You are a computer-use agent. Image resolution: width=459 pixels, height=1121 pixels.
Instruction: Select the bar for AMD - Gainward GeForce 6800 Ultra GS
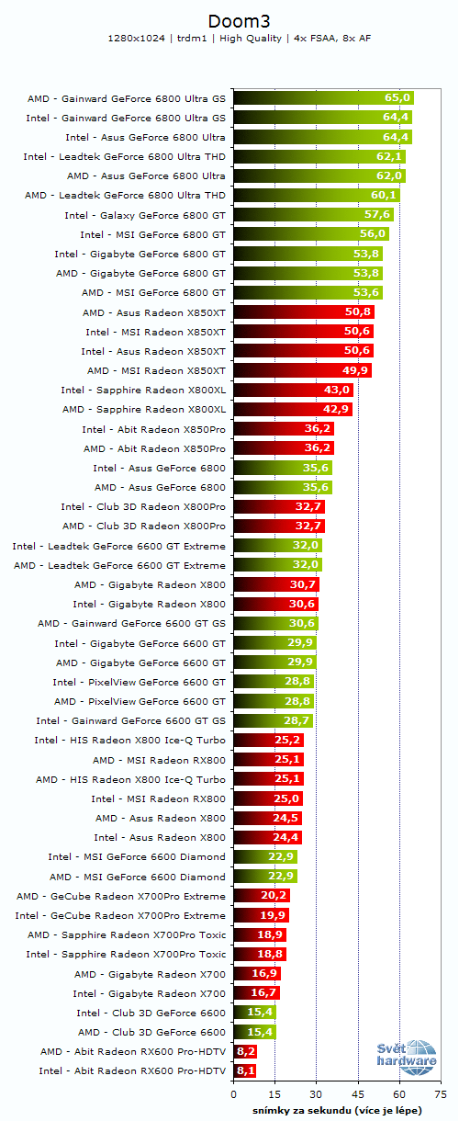click(323, 97)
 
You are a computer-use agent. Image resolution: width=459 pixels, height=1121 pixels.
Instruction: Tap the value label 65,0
click(397, 97)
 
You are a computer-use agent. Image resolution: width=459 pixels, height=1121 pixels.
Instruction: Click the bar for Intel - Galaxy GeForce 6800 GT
click(313, 214)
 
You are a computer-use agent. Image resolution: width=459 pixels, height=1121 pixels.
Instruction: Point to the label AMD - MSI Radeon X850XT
click(156, 370)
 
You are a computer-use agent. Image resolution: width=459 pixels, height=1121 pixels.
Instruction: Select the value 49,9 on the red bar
click(355, 370)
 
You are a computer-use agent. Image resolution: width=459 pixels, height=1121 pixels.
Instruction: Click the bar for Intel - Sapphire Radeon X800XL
click(293, 390)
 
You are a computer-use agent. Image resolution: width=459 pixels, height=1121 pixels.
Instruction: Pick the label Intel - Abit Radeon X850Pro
click(153, 429)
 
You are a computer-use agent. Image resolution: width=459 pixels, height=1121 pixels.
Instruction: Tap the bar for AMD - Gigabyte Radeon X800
click(276, 584)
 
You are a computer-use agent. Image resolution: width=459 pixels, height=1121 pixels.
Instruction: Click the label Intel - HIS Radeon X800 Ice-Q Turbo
click(129, 741)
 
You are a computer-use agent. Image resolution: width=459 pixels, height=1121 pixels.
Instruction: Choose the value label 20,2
click(274, 896)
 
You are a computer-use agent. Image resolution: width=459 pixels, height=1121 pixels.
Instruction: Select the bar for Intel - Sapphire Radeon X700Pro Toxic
click(260, 954)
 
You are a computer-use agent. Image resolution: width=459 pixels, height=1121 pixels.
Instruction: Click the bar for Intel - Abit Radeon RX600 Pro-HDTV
click(245, 1071)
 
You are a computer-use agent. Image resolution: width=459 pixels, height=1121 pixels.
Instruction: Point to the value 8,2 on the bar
click(245, 1051)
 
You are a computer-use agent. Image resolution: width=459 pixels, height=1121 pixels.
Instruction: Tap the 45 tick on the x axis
click(358, 1095)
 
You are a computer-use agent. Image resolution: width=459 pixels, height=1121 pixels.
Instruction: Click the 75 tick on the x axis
click(441, 1095)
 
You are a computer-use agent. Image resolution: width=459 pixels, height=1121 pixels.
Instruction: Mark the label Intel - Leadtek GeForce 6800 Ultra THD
click(124, 156)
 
